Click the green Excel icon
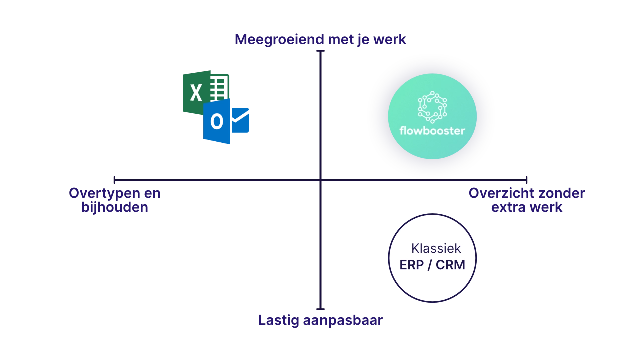(x=198, y=91)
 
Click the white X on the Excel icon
(x=196, y=93)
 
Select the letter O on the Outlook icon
(x=216, y=121)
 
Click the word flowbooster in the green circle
(x=432, y=131)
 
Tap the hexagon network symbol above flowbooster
(x=432, y=107)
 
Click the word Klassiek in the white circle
(x=436, y=248)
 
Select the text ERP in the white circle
(x=412, y=265)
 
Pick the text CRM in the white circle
(x=450, y=265)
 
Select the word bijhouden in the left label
(x=115, y=206)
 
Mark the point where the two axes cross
(x=320, y=179)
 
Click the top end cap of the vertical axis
(x=320, y=50)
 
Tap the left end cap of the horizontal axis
(x=114, y=179)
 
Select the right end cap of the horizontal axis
(x=527, y=179)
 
